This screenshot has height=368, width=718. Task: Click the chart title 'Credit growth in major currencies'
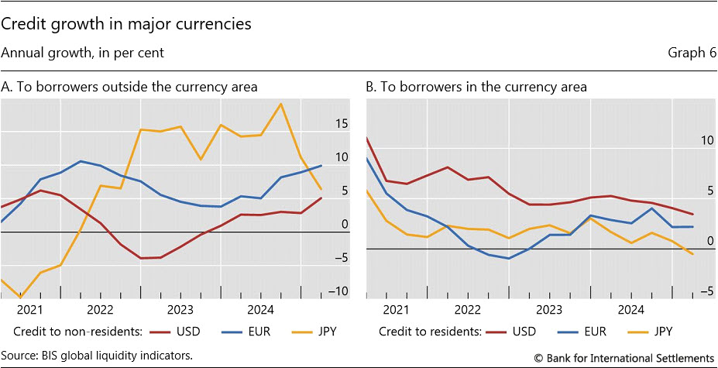pos(127,24)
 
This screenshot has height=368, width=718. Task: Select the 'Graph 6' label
pos(690,53)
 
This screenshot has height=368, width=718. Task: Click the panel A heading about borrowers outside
pos(129,87)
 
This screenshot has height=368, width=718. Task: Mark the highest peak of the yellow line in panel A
pos(280,104)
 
